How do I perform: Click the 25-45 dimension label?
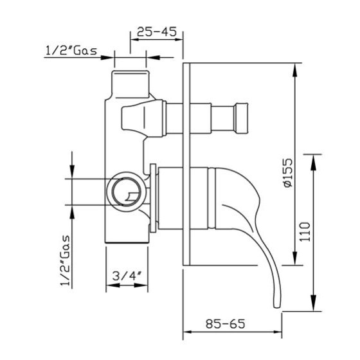(157, 32)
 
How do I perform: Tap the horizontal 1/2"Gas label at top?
(71, 50)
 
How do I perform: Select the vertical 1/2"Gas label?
(65, 260)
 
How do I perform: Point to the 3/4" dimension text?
(127, 276)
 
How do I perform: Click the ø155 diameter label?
(288, 173)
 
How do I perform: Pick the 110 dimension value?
(305, 231)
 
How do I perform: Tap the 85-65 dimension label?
(225, 324)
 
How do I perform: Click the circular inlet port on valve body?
(127, 192)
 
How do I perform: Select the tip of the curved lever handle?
(277, 307)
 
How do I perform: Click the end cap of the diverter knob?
(242, 118)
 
